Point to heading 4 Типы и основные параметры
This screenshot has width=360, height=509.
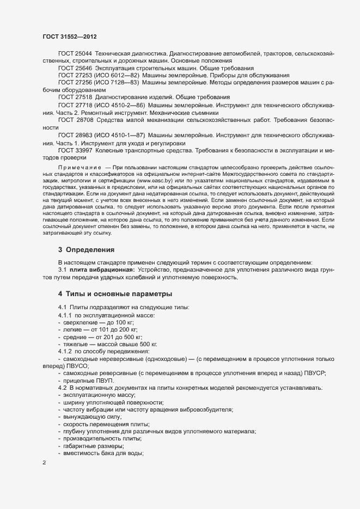tap(115, 295)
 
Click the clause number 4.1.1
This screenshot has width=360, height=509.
tap(65, 316)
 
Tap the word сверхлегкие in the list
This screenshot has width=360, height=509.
tap(81, 323)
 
